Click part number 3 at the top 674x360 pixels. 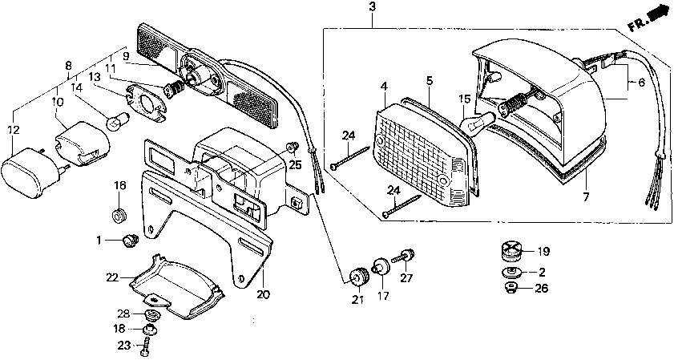[x=371, y=7]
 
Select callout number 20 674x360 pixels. [x=263, y=294]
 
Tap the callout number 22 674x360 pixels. [x=111, y=277]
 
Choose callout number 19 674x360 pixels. [x=543, y=250]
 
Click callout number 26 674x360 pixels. [x=543, y=289]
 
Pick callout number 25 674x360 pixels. [x=296, y=164]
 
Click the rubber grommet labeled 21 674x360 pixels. [x=356, y=275]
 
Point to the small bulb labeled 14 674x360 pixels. [x=115, y=122]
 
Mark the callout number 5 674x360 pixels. [x=429, y=81]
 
